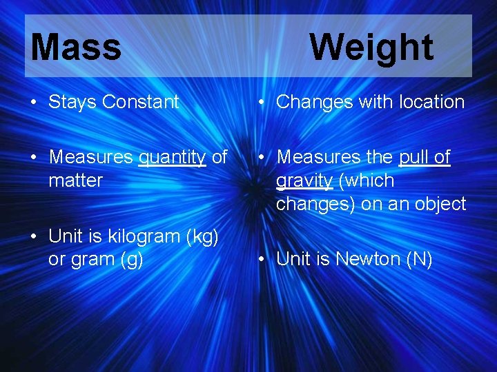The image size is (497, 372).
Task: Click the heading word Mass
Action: (x=76, y=48)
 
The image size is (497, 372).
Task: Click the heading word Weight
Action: (x=371, y=48)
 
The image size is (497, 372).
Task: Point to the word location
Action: (x=431, y=102)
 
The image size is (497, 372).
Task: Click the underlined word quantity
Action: (x=173, y=158)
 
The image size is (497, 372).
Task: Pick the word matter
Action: (x=75, y=180)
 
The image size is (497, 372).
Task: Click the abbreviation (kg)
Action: (x=202, y=236)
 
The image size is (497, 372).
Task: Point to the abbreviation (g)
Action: (x=130, y=260)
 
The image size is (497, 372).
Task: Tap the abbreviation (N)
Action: (x=416, y=259)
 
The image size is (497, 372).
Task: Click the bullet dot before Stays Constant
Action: (x=34, y=103)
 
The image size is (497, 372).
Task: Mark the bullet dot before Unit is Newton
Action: (x=262, y=260)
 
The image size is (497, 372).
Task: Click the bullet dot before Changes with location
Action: (x=262, y=103)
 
